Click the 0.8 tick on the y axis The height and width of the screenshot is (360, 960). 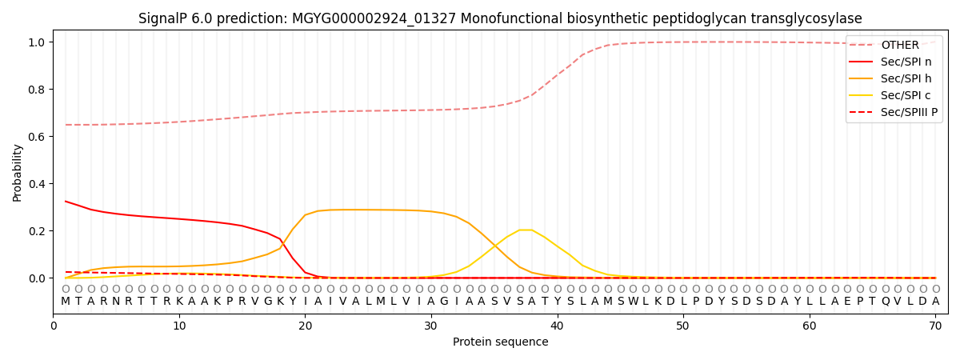point(36,89)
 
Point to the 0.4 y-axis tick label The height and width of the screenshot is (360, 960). point(36,184)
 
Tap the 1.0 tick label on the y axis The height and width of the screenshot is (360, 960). point(36,42)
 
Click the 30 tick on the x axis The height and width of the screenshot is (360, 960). point(430,326)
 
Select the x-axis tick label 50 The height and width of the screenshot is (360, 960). point(682,326)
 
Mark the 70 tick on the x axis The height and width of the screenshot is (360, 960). point(935,326)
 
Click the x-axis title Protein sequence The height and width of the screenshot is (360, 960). point(500,342)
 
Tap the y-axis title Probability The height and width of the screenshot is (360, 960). point(18,173)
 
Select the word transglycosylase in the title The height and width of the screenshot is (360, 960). point(809,18)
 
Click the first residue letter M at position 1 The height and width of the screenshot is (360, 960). point(66,302)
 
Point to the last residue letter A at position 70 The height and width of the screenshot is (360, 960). point(935,302)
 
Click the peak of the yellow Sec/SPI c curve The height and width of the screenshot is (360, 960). point(526,230)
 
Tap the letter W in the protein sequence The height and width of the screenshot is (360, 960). point(633,302)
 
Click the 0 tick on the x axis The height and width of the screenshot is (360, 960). point(53,326)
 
